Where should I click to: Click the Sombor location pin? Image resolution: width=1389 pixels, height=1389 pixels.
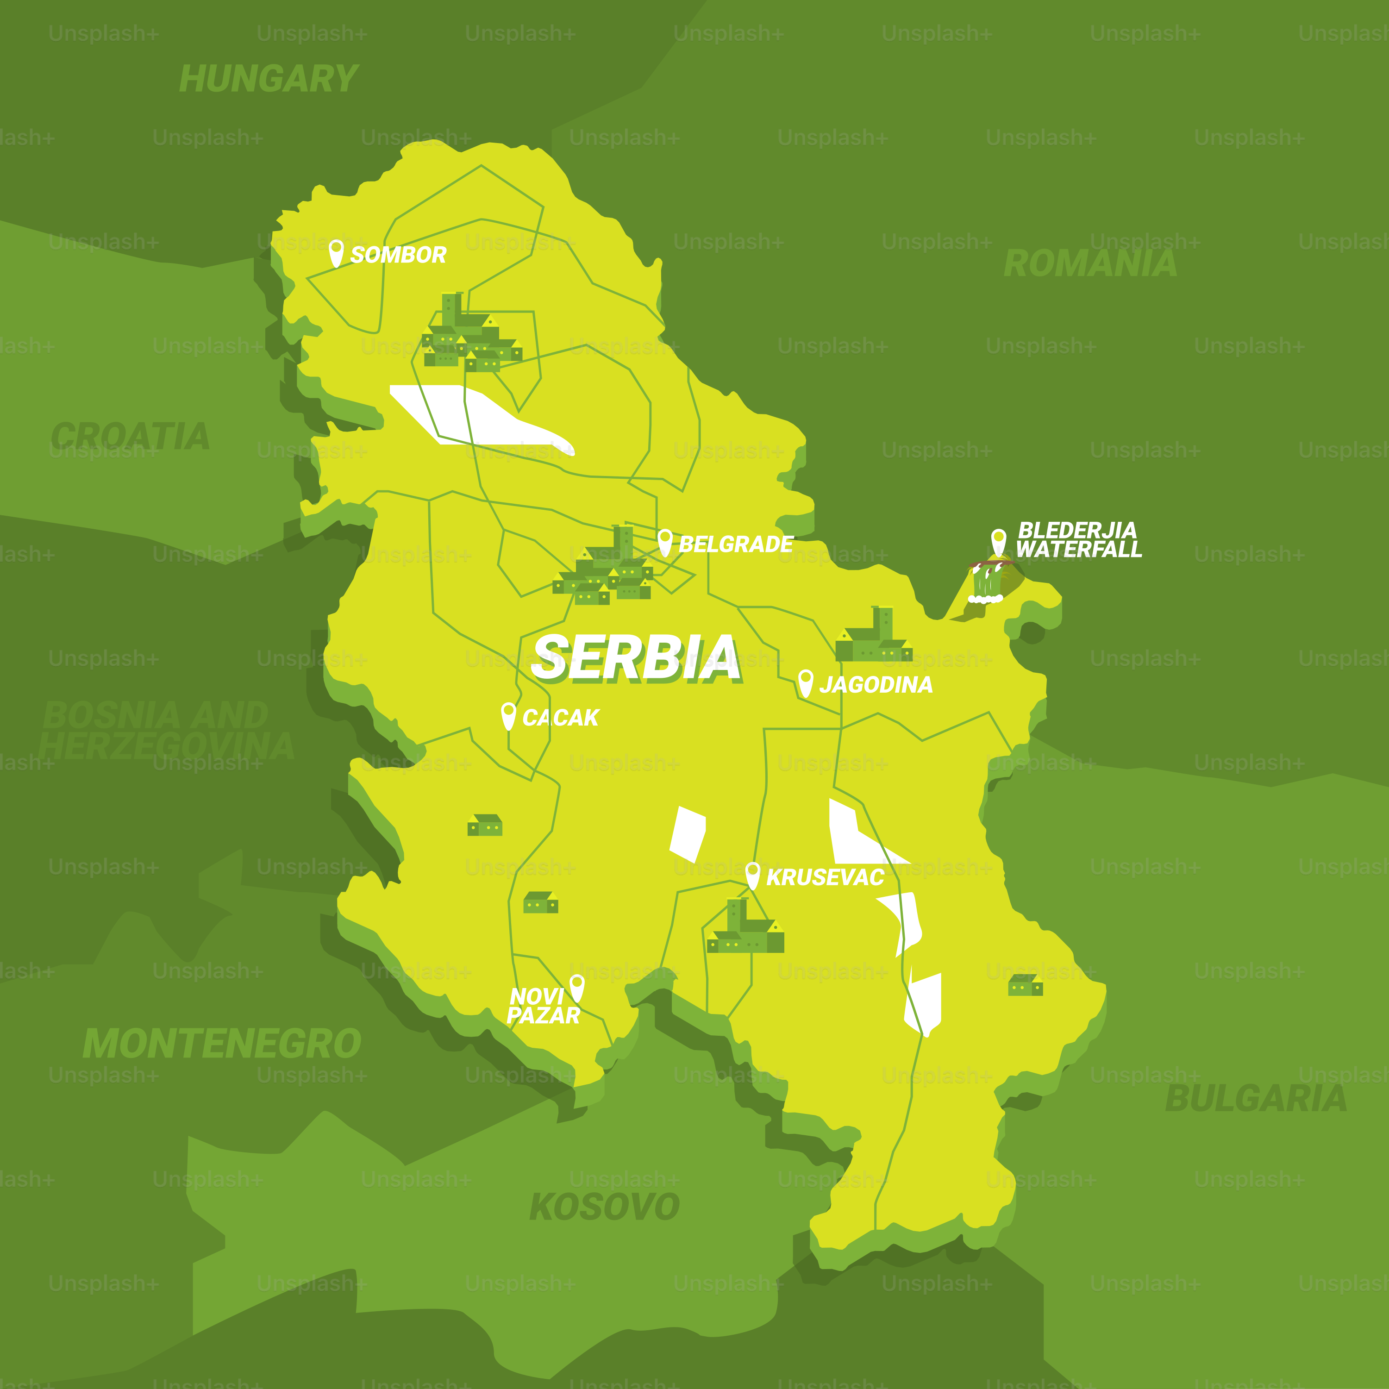point(336,252)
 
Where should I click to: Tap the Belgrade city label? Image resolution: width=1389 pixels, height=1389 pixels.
point(736,544)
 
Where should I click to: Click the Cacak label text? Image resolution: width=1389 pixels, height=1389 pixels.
point(560,718)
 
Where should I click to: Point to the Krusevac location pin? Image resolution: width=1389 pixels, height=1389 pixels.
point(753,875)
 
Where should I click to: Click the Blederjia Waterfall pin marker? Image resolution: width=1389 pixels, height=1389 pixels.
point(999,541)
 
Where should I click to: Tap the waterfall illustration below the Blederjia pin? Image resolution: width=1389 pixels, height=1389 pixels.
point(986,583)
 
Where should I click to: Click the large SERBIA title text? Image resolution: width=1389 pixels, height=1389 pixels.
point(636,658)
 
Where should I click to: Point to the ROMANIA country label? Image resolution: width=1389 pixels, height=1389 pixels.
point(1090,264)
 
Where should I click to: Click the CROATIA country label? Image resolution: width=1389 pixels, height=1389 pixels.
point(130,437)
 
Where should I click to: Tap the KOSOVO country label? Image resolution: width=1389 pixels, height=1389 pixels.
point(604,1207)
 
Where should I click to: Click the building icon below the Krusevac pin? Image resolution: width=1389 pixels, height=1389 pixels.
point(745,928)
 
